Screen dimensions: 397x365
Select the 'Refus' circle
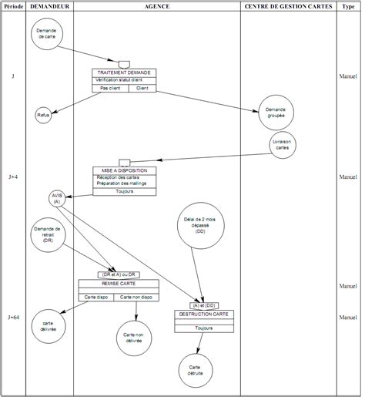click(x=43, y=116)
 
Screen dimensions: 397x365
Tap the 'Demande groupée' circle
click(x=276, y=113)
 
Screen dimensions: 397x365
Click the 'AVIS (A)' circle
click(x=57, y=198)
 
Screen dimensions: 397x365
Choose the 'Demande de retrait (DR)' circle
click(x=48, y=235)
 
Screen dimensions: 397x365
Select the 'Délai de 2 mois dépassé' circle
click(x=200, y=227)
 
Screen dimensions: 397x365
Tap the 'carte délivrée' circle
click(x=49, y=328)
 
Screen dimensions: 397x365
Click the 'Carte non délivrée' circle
click(x=134, y=338)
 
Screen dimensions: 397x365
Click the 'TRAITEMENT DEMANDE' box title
click(x=123, y=72)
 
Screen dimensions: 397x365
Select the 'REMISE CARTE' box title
click(x=117, y=283)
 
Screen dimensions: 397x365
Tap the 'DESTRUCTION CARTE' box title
click(x=204, y=315)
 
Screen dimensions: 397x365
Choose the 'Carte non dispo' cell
click(x=136, y=297)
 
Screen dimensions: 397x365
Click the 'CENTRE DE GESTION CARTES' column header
click(x=288, y=6)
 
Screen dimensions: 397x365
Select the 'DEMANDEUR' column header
click(x=49, y=6)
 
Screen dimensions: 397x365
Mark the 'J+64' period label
click(x=14, y=318)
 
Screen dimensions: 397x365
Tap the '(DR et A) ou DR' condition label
click(x=118, y=274)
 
